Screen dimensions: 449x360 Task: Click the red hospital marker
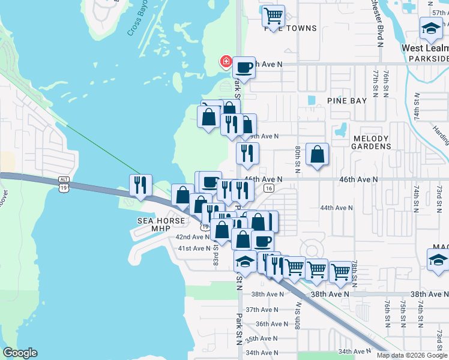click(226, 61)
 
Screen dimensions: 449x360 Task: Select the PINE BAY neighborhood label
click(346, 101)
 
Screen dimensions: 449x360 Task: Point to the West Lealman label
click(425, 48)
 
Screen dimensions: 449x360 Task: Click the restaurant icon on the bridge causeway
click(140, 184)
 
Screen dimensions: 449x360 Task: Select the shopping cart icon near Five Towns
click(273, 14)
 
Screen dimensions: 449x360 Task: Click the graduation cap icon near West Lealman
click(430, 28)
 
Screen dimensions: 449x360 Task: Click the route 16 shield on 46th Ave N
click(268, 188)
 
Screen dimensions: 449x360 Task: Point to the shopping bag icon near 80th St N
click(317, 154)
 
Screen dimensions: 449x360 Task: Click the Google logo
click(20, 353)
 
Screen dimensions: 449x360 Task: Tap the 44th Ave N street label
click(336, 208)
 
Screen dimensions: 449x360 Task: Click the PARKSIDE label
click(427, 59)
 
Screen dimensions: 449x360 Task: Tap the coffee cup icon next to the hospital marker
click(244, 67)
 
